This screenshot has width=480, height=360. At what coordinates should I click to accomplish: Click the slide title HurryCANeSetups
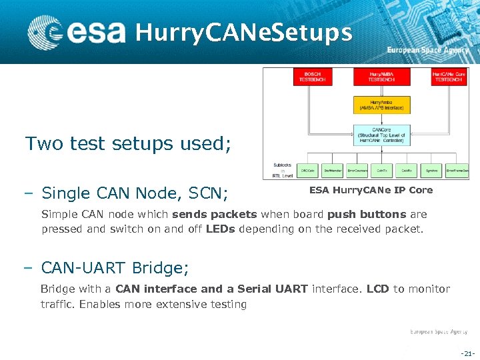coord(243,32)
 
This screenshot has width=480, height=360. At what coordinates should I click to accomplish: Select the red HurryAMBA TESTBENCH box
coord(381,77)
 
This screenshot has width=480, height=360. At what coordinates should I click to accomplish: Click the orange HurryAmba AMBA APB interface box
coord(381,105)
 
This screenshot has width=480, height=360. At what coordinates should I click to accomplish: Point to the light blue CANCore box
coord(381,135)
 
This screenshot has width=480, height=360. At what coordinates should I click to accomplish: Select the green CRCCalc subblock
coord(308,171)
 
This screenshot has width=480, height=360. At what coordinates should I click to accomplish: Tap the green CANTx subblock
coord(381,171)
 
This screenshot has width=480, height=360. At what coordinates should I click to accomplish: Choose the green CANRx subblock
coord(406,171)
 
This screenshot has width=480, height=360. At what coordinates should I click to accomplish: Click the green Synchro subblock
coord(431,171)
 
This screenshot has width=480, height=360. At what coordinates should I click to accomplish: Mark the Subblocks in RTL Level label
coord(282,171)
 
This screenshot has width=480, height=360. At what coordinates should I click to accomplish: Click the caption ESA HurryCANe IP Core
coord(371,191)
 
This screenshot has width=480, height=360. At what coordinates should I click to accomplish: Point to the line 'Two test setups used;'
coord(128,143)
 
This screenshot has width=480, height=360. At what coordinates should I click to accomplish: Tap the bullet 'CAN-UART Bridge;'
coord(115,268)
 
